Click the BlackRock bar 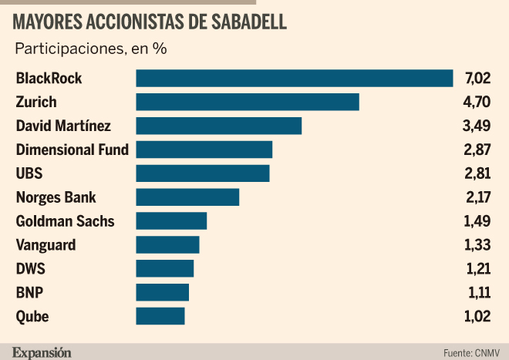tap(295, 78)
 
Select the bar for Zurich tap(248, 102)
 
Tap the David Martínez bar tap(219, 126)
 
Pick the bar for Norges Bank tap(187, 197)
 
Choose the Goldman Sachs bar tap(171, 221)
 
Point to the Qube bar tap(160, 316)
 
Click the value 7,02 tap(477, 78)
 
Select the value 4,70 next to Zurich tap(477, 102)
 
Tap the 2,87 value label tap(477, 150)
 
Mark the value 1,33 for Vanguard tap(477, 245)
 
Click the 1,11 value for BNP tap(480, 292)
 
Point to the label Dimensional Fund tap(72, 150)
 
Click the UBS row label tap(29, 173)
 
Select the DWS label tap(31, 268)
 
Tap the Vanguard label tap(46, 245)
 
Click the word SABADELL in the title tap(249, 22)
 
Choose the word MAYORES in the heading tap(48, 22)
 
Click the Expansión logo tap(42, 352)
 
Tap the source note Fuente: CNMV tap(471, 353)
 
